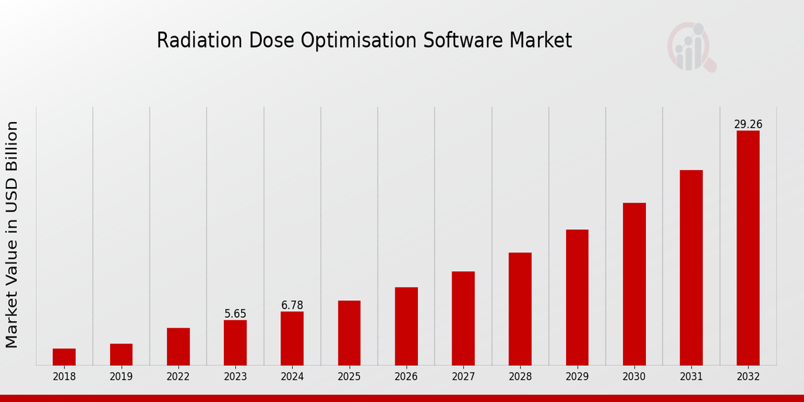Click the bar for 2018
(x=64, y=356)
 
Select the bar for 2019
(x=121, y=354)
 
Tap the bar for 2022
(x=178, y=346)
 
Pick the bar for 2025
(x=349, y=333)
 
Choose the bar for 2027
(x=463, y=318)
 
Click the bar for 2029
(x=577, y=297)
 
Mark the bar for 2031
(x=691, y=267)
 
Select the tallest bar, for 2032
(x=748, y=248)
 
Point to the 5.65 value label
(x=235, y=314)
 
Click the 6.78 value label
(x=292, y=306)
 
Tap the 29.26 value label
(x=748, y=125)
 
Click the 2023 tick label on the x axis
(x=235, y=377)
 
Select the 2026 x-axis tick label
(x=406, y=377)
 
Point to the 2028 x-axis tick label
(x=520, y=377)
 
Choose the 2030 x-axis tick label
(x=634, y=377)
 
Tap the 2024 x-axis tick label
(x=292, y=377)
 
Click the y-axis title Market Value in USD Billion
(x=12, y=234)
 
